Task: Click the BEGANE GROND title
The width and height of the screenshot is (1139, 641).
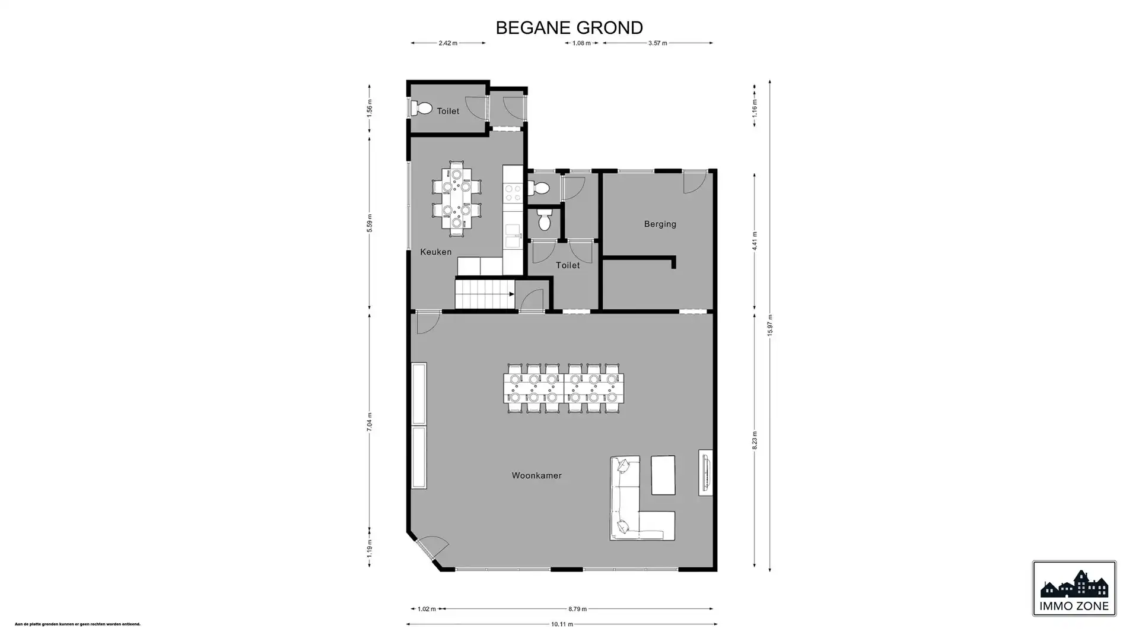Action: (569, 28)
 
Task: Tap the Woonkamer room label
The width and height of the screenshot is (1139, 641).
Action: (536, 475)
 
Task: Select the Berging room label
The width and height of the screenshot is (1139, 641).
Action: (660, 224)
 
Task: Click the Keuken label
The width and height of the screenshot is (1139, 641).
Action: (435, 252)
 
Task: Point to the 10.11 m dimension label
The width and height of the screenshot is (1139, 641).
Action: (561, 624)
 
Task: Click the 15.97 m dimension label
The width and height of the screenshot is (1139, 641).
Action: (769, 326)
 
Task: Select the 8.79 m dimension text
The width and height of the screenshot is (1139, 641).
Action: (577, 609)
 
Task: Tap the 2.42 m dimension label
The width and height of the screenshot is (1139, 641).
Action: (448, 43)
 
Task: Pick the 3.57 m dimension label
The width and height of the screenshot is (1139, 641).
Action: (657, 43)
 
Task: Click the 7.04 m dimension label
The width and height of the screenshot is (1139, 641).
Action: (369, 421)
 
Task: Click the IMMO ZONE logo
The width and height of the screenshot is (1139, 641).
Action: (1074, 589)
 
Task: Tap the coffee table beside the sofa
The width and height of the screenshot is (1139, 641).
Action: (663, 475)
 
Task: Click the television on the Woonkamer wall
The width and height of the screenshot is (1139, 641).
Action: (705, 472)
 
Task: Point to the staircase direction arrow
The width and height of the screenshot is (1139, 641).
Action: (511, 294)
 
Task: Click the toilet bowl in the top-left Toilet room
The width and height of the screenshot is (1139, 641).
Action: (424, 109)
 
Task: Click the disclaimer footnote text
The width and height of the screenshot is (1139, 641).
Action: (78, 624)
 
